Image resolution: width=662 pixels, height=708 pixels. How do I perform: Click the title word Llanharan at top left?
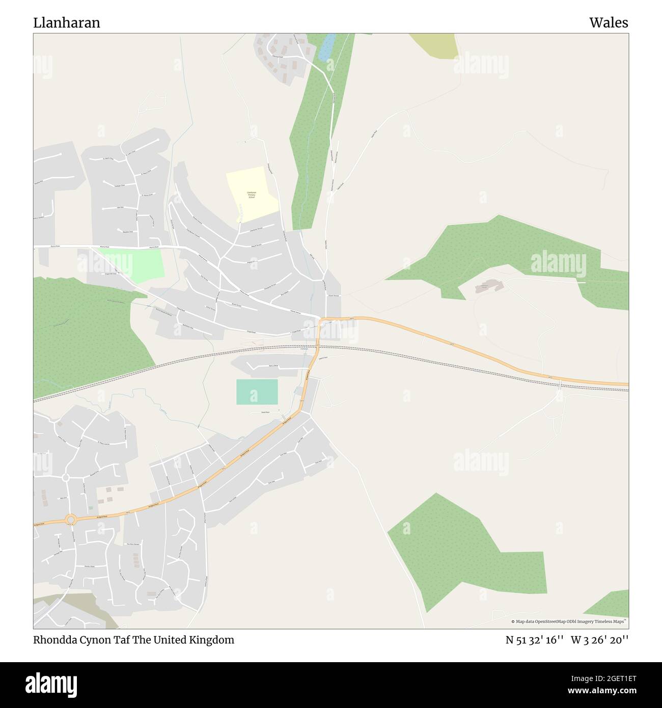67,22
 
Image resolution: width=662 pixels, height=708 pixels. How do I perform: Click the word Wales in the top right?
609,22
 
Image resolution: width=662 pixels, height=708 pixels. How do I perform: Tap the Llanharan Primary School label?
252,194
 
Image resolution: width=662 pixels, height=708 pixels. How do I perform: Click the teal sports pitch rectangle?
257,392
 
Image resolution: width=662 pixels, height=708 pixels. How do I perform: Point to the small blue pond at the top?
326,47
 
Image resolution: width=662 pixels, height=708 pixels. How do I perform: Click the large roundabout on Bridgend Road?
70,519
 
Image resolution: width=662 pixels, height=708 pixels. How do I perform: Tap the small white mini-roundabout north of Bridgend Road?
66,478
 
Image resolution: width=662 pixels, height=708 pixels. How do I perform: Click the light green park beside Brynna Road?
147,263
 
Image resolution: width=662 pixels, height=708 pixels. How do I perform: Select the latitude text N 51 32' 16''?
534,640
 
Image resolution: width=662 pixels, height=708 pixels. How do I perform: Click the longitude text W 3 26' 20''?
599,640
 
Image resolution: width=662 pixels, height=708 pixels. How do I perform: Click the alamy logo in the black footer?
51,684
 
